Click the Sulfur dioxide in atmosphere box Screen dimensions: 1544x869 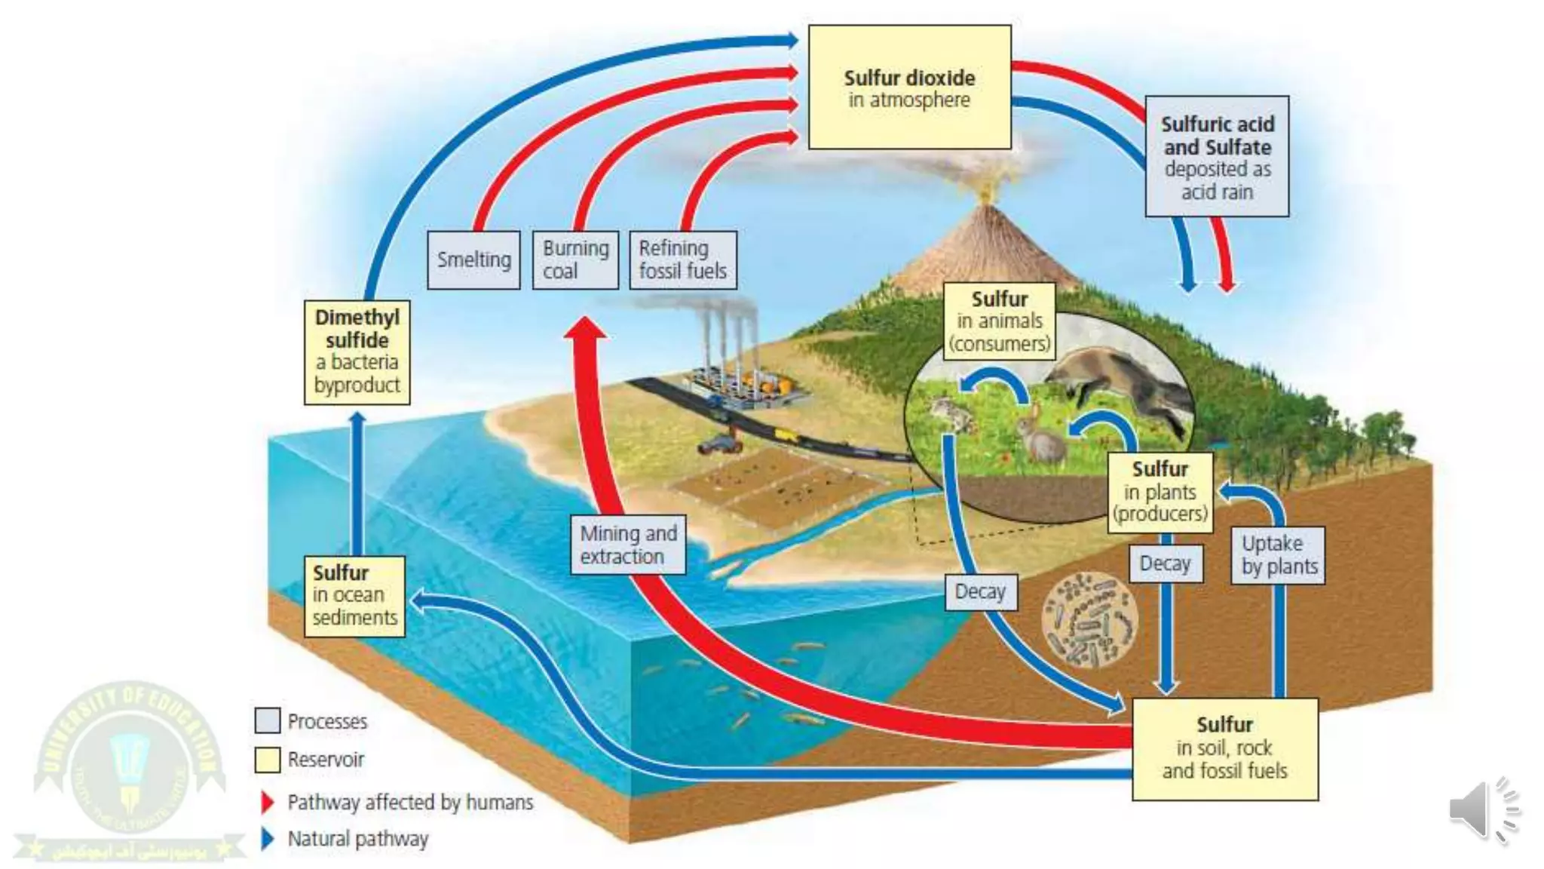click(x=909, y=87)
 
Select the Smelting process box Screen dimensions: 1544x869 click(x=473, y=259)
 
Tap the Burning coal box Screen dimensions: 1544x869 click(x=575, y=259)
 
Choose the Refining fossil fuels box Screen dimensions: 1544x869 click(x=682, y=259)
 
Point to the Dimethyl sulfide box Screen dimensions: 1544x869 click(x=357, y=352)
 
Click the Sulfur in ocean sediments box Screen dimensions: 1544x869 click(x=354, y=596)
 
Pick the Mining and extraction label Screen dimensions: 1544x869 click(x=627, y=545)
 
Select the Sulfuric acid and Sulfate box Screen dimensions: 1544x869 click(x=1217, y=156)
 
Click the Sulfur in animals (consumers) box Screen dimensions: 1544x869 click(x=999, y=321)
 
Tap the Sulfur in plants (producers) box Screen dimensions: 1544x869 click(x=1160, y=492)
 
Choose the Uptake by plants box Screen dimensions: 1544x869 click(x=1279, y=555)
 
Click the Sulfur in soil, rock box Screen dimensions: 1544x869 click(x=1224, y=748)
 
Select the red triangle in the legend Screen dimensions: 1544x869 click(x=267, y=802)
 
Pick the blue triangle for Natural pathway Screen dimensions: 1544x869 click(x=267, y=839)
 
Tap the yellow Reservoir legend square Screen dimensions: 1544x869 click(x=268, y=760)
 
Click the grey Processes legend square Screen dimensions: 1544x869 click(x=268, y=721)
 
